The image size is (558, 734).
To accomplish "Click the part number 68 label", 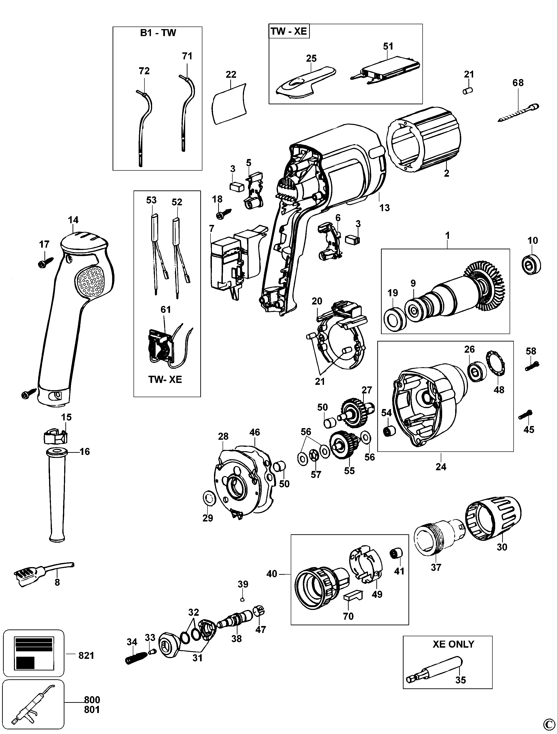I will (518, 83).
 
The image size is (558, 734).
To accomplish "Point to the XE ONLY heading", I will (453, 644).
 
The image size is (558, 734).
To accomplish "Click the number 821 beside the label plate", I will (86, 655).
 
